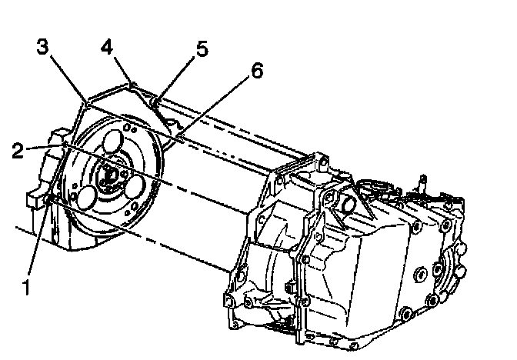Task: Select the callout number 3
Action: [44, 48]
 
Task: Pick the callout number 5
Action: [202, 49]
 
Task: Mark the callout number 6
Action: [257, 72]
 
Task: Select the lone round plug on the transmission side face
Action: [421, 275]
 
